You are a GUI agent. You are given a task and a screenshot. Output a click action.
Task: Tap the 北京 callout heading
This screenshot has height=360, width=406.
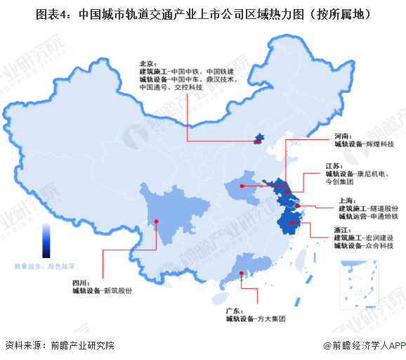tap(148, 63)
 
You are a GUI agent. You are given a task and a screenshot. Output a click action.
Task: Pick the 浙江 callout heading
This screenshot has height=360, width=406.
tap(342, 229)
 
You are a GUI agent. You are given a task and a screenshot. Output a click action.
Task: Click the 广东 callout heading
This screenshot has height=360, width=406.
tap(234, 310)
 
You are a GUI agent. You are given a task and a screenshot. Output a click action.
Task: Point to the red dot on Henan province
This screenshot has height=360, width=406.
tap(241, 186)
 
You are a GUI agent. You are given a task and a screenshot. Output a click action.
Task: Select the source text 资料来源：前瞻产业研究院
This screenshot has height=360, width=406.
tap(59, 345)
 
